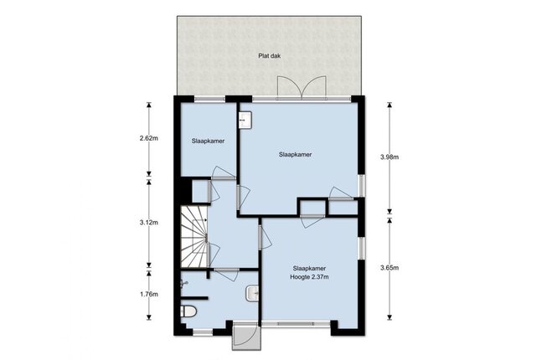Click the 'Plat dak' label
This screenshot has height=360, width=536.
[x=270, y=56]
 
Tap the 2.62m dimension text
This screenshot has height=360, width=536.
[x=149, y=139]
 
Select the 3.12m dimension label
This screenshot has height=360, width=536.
[x=149, y=223]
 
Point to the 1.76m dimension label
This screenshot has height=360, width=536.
[x=149, y=294]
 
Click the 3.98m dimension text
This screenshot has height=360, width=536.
[x=389, y=157]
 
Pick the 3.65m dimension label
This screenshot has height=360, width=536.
[x=389, y=268]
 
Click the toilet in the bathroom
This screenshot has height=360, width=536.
[x=188, y=311]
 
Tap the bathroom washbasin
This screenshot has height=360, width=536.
[x=252, y=293]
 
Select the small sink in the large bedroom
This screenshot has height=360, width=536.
[x=245, y=120]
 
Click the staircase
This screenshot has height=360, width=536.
[x=194, y=236]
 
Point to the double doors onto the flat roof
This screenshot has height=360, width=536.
[x=301, y=87]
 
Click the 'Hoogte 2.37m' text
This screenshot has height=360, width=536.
[x=309, y=277]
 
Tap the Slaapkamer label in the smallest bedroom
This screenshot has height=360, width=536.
[x=208, y=141]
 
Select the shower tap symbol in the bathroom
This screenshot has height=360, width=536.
[x=184, y=283]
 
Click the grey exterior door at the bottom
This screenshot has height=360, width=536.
[x=246, y=336]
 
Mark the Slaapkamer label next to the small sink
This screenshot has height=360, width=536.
[x=296, y=154]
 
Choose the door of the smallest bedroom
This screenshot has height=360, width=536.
[x=223, y=172]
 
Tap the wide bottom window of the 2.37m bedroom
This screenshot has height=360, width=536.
[x=296, y=324]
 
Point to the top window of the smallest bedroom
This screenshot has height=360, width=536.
[x=210, y=99]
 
